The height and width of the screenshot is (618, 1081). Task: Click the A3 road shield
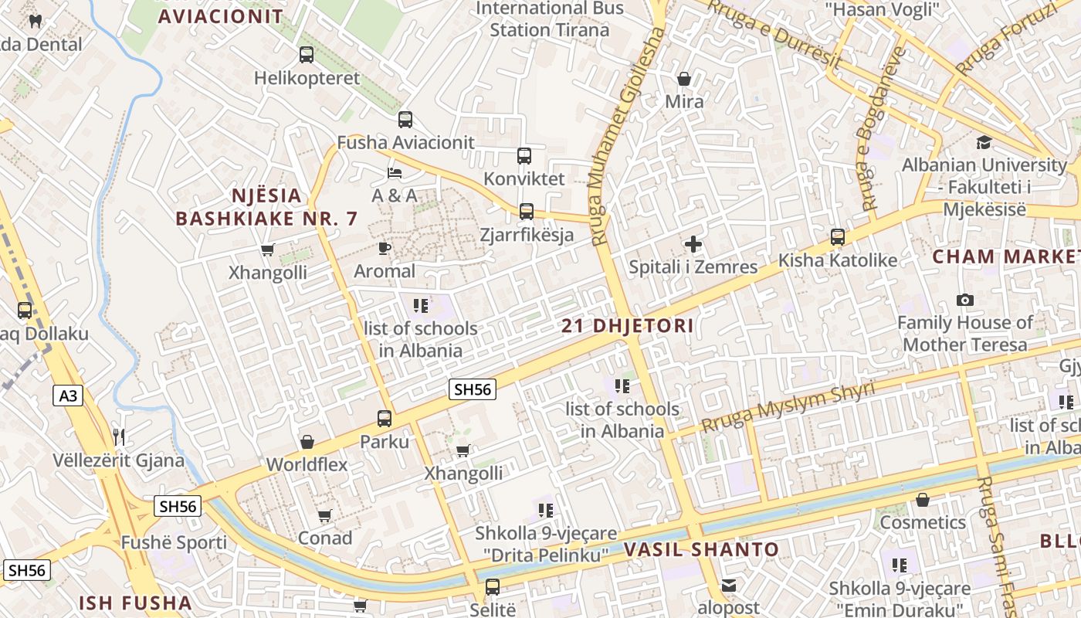[69, 396]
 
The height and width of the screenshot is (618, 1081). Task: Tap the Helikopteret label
[307, 78]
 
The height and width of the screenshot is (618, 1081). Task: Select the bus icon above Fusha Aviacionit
[405, 120]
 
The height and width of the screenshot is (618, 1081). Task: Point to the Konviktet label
[524, 178]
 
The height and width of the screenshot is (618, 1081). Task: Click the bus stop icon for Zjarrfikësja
[527, 211]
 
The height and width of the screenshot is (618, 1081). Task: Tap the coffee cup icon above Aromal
[384, 248]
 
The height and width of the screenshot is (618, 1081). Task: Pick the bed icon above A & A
[395, 172]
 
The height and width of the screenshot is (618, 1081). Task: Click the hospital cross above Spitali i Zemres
[693, 245]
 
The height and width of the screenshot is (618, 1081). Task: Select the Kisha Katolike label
[838, 260]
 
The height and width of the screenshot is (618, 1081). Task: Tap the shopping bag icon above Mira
[684, 79]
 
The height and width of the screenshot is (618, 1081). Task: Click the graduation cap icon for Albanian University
[984, 142]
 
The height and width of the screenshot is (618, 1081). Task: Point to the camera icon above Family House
[964, 300]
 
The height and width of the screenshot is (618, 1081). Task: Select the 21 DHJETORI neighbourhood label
[628, 326]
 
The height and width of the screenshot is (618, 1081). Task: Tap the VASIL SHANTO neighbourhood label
[701, 550]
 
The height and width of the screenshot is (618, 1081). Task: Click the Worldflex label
[307, 464]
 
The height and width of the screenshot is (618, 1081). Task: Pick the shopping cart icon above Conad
[325, 515]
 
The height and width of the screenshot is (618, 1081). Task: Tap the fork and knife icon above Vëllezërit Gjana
[119, 437]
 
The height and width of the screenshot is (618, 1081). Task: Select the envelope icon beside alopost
[729, 586]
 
